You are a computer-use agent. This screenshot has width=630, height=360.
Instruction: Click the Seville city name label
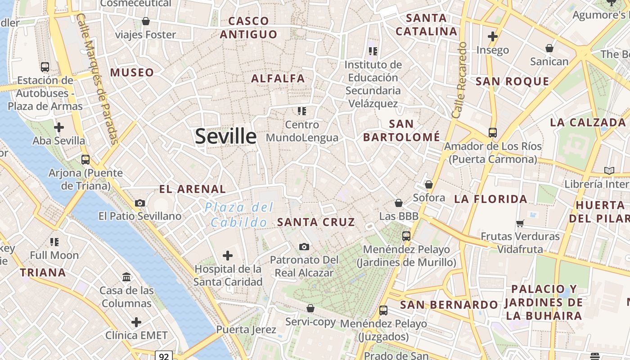(225, 136)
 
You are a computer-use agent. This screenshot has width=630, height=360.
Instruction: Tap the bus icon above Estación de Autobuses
(45, 67)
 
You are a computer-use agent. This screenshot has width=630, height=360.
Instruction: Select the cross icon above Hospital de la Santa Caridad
(228, 256)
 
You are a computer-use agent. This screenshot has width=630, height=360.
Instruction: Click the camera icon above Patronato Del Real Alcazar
(304, 247)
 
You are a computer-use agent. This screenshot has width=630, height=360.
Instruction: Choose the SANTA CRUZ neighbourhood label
(316, 222)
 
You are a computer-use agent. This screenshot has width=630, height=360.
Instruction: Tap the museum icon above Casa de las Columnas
(126, 277)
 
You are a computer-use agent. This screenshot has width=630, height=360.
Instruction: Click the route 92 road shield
(164, 356)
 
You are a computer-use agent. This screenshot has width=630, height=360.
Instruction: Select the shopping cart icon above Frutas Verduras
(520, 223)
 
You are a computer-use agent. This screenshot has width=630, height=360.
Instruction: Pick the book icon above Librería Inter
(609, 171)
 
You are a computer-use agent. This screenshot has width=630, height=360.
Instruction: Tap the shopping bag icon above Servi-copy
(310, 308)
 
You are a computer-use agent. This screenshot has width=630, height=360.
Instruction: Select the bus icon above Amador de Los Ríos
(493, 133)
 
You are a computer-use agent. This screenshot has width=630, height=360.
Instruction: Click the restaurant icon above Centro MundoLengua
(301, 111)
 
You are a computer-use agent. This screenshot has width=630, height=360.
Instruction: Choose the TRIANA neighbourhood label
(43, 272)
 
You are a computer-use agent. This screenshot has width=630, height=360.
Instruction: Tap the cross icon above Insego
(493, 36)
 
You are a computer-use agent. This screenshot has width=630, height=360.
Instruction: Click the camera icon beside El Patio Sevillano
(140, 203)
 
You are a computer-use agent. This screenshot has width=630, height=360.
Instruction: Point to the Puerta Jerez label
(246, 329)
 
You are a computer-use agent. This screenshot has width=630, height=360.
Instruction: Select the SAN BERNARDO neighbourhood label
(449, 305)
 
